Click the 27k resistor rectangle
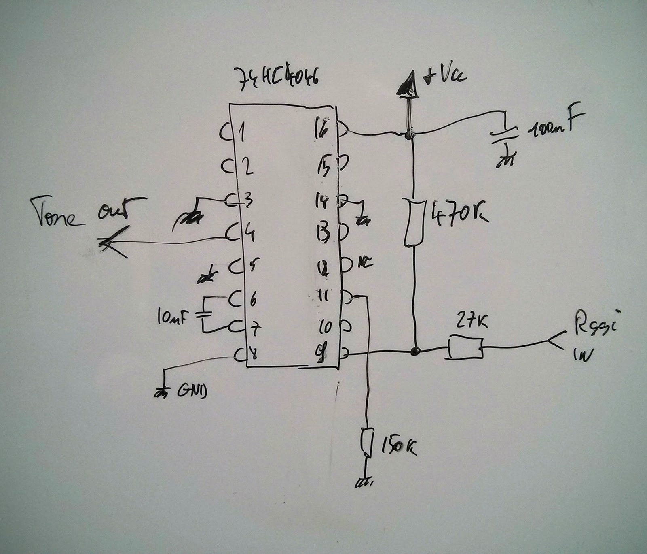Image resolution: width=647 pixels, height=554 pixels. (x=465, y=347)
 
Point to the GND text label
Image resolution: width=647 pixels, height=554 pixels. (x=192, y=391)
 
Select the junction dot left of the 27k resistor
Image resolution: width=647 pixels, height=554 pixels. (x=414, y=351)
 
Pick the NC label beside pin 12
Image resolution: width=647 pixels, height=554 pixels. (x=366, y=264)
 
